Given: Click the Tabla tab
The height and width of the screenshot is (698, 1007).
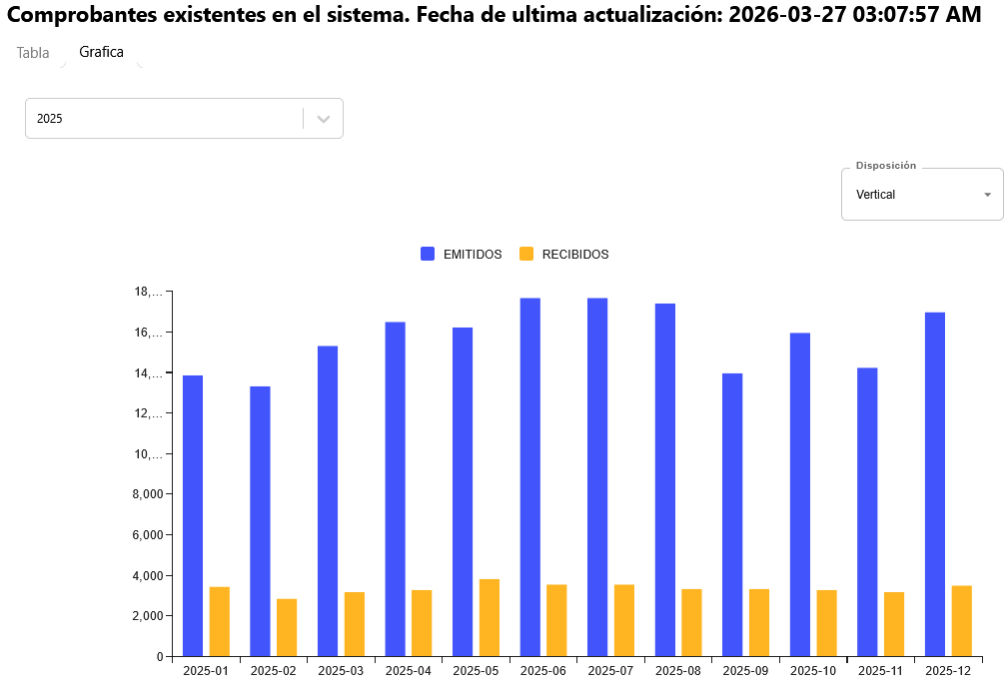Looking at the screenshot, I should pyautogui.click(x=33, y=53).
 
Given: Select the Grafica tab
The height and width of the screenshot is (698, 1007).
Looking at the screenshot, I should pyautogui.click(x=101, y=52).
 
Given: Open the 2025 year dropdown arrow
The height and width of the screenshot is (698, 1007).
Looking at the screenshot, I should pyautogui.click(x=323, y=118).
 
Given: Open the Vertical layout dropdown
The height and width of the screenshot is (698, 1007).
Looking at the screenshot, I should pyautogui.click(x=921, y=195).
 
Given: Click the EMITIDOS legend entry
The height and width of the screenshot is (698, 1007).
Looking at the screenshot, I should pyautogui.click(x=462, y=255).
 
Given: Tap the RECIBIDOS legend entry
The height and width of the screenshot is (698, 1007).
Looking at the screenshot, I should pyautogui.click(x=564, y=255).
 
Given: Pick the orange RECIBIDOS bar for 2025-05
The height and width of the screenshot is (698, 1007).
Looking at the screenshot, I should pyautogui.click(x=490, y=618).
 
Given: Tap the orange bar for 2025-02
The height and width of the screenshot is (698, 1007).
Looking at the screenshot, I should pyautogui.click(x=287, y=628).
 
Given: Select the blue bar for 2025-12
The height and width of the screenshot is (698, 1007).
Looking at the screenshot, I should pyautogui.click(x=935, y=484).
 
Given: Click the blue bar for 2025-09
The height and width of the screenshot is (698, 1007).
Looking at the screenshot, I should pyautogui.click(x=732, y=515).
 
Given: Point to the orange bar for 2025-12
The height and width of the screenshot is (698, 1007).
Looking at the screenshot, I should pyautogui.click(x=962, y=621).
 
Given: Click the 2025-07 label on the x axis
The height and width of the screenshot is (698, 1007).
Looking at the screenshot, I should pyautogui.click(x=610, y=671).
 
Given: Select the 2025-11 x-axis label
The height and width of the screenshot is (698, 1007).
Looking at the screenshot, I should pyautogui.click(x=880, y=671).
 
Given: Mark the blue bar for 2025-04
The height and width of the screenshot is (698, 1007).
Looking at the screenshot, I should pyautogui.click(x=395, y=489).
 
